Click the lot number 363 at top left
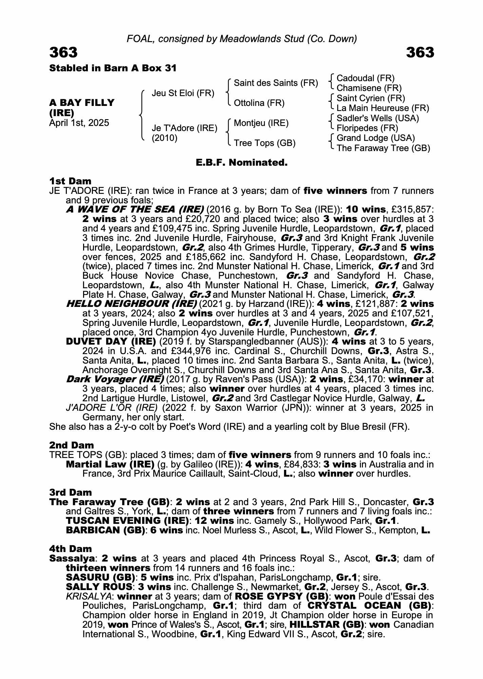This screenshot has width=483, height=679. tap(63, 53)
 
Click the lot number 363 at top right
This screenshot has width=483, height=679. tap(420, 53)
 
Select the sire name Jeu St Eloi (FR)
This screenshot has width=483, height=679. tap(183, 93)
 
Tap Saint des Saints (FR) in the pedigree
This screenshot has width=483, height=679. tap(276, 83)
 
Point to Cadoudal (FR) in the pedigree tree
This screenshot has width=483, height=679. tap(365, 78)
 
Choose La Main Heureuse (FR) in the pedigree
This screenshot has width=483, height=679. tap(383, 108)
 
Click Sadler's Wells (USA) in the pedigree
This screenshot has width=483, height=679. tap(378, 118)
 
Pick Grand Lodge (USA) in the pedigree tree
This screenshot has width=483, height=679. tap(375, 138)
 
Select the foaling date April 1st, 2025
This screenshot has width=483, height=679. tap(79, 123)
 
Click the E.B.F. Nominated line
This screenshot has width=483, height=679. tap(241, 163)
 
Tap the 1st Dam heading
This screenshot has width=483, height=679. tap(70, 181)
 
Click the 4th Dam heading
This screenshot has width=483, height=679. tap(71, 549)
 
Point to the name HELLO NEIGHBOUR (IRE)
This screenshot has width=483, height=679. tap(132, 304)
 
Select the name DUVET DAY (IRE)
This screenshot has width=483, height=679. tap(111, 341)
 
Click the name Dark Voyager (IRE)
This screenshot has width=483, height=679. tap(115, 379)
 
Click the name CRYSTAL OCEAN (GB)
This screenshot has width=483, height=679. tap(369, 606)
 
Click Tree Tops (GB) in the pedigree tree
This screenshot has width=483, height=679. tap(265, 143)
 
